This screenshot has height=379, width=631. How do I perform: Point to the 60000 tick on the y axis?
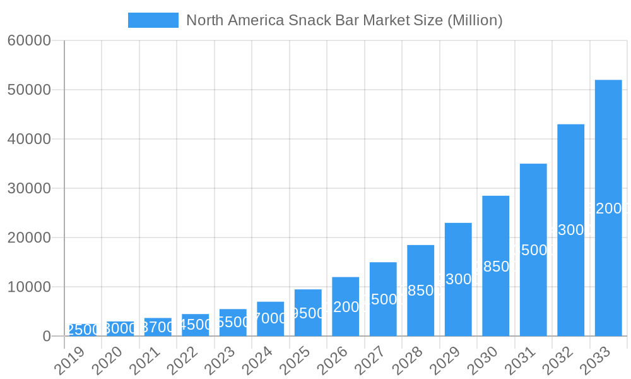[29, 40]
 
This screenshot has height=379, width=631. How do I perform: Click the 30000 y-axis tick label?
[29, 188]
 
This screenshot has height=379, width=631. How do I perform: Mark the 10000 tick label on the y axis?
[29, 287]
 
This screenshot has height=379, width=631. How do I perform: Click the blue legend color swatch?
[153, 20]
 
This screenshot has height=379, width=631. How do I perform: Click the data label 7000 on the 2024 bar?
[270, 318]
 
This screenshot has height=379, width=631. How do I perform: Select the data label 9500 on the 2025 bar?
[308, 313]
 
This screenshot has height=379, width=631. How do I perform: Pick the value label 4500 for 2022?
[195, 325]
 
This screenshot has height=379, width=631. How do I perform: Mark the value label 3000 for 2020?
[120, 328]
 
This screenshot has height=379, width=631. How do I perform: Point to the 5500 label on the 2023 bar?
[233, 322]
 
